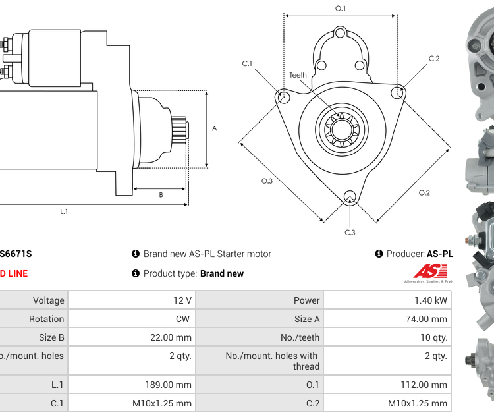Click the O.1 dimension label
(x=341, y=8)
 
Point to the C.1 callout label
(x=247, y=63)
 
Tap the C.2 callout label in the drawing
(x=434, y=59)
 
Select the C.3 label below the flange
(x=350, y=233)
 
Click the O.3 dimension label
(x=267, y=181)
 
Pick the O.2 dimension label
(x=424, y=192)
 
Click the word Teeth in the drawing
(x=298, y=75)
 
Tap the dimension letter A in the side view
(x=214, y=128)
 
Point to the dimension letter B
(x=161, y=195)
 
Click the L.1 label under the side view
(x=65, y=211)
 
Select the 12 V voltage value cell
(x=182, y=300)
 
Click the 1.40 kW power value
(x=433, y=300)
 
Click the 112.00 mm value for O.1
(x=425, y=385)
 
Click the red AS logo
(x=431, y=271)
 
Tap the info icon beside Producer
(x=379, y=254)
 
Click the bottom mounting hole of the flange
(x=350, y=196)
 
